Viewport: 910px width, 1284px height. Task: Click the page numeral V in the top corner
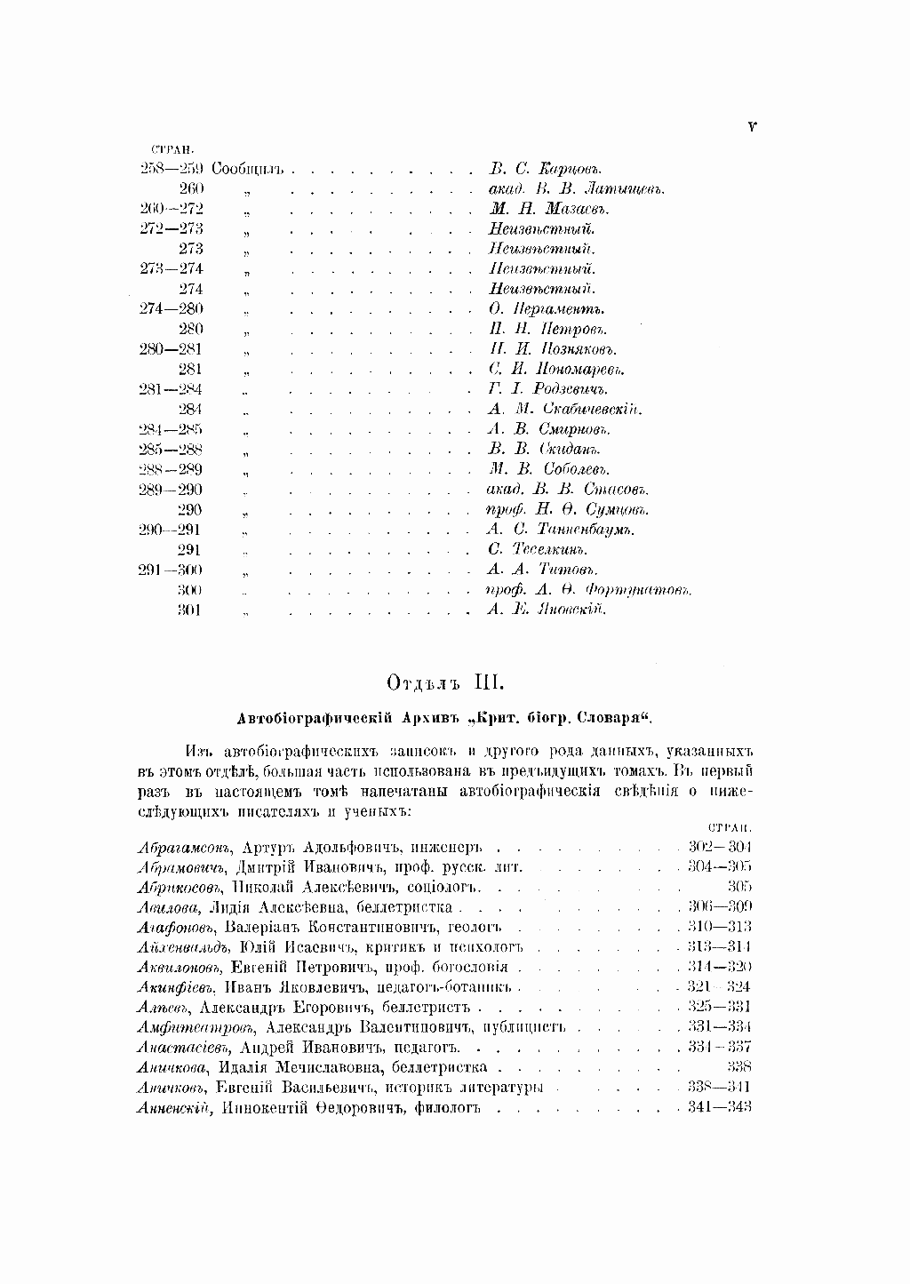click(x=752, y=127)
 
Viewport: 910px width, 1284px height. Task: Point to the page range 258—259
click(x=172, y=169)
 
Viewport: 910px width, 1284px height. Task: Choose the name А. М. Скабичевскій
click(x=565, y=410)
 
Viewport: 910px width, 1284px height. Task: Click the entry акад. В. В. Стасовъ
click(x=569, y=490)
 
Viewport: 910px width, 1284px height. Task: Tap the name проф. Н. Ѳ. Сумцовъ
click(x=568, y=510)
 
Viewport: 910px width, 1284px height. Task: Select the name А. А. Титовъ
click(x=543, y=570)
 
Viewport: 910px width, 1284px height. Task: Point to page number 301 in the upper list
click(x=189, y=610)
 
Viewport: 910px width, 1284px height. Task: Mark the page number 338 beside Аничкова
click(x=739, y=1067)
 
